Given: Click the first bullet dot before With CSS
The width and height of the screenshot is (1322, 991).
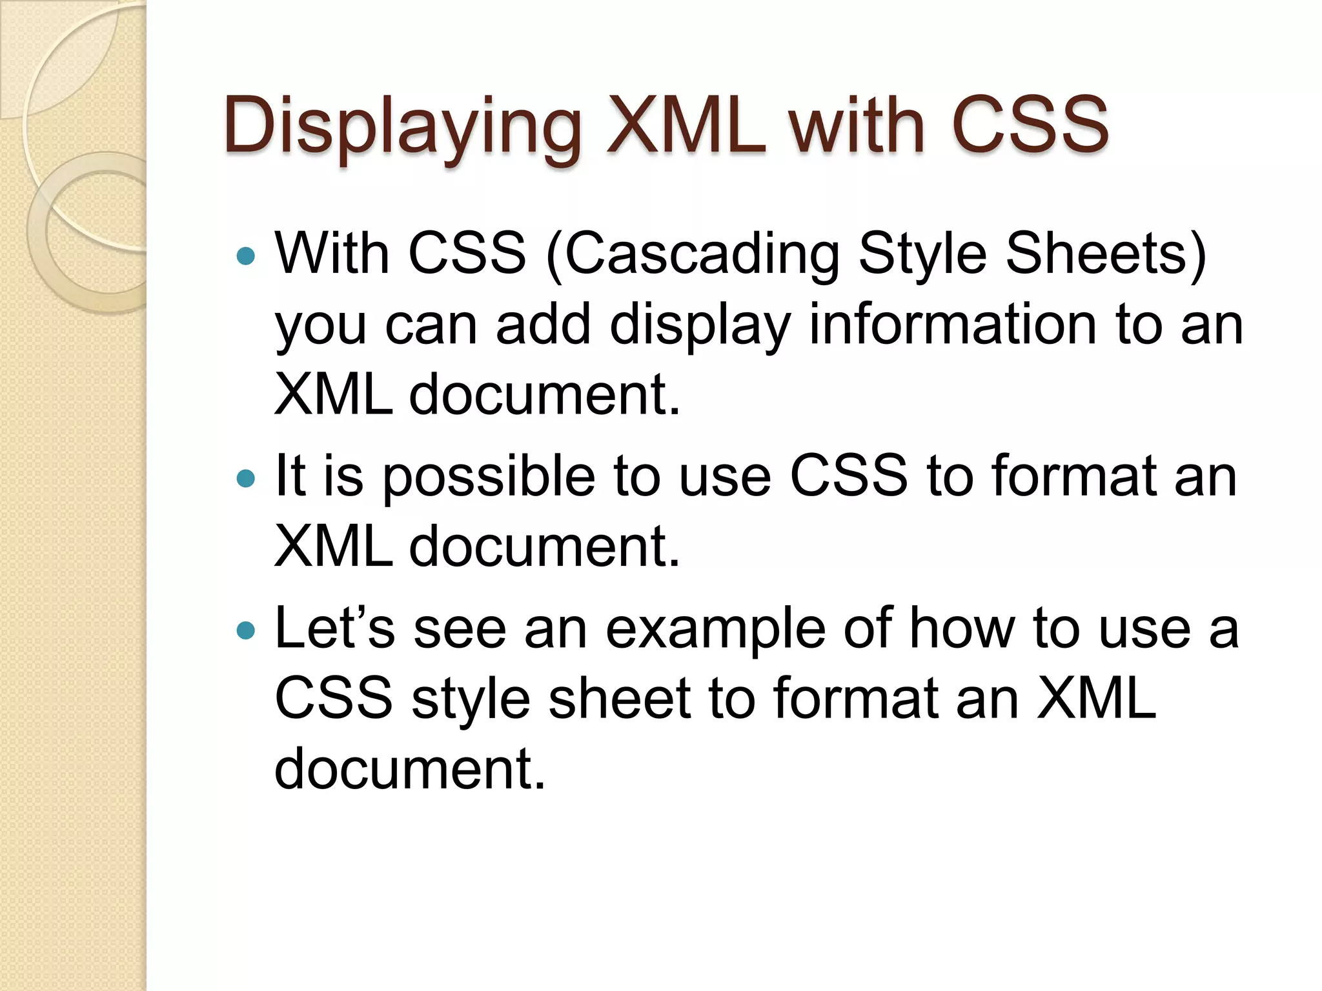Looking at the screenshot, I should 246,257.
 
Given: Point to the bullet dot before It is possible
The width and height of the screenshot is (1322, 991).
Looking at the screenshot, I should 246,478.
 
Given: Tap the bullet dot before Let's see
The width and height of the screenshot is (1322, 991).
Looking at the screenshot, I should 246,630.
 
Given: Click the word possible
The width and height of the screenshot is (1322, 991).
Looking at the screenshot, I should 489,478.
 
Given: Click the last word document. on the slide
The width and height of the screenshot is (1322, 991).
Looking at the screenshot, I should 410,768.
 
